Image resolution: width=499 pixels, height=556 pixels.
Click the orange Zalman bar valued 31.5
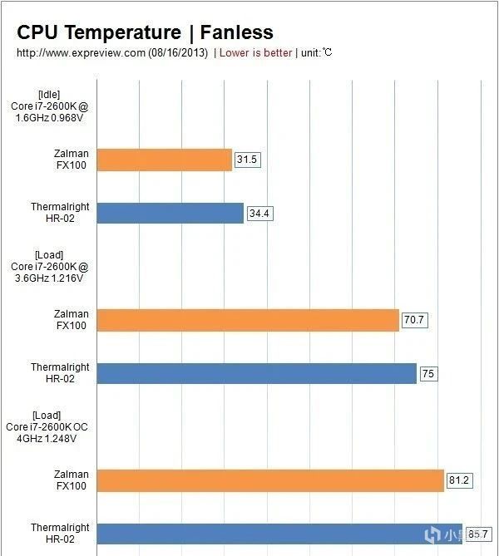tap(165, 160)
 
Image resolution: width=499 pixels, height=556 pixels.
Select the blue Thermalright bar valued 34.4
tap(170, 214)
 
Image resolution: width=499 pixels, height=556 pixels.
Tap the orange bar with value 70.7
tap(248, 320)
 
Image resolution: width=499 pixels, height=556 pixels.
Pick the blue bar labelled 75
tap(256, 373)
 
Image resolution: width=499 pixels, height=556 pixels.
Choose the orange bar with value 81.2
tap(270, 480)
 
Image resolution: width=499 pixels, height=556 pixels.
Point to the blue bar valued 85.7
tap(279, 534)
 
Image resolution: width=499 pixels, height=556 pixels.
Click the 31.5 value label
tap(248, 160)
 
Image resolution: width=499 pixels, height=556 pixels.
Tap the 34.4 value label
tap(259, 214)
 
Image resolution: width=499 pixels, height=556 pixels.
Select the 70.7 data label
tap(415, 320)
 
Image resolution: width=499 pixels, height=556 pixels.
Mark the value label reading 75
tap(428, 373)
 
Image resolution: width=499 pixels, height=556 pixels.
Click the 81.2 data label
tap(460, 480)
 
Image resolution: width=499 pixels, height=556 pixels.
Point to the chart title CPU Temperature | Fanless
tap(145, 32)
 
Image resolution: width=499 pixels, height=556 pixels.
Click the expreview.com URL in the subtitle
tap(81, 53)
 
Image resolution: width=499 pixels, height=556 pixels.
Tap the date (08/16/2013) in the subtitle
tap(178, 53)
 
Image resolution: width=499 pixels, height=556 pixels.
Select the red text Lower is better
tap(255, 53)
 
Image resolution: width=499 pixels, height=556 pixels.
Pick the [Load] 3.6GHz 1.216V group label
tap(47, 266)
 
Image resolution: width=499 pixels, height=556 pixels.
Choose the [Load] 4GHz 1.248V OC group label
tap(47, 426)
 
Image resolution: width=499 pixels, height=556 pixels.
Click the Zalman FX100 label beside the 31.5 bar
tap(72, 160)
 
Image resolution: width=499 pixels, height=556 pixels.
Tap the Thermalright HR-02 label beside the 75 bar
tap(60, 373)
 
